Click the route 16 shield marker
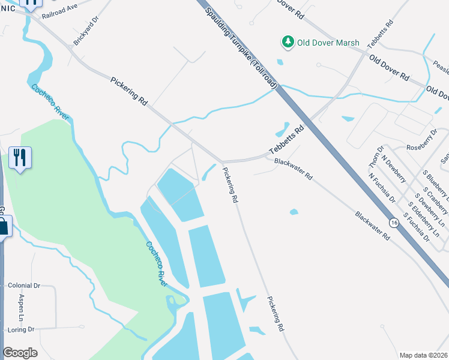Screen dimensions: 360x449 [394, 223]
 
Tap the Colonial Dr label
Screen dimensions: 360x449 [23, 286]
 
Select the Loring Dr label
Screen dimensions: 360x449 [19, 330]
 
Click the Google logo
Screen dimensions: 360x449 [20, 353]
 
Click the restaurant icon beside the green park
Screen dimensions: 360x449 [20, 158]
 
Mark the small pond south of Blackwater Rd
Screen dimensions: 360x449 [294, 211]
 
